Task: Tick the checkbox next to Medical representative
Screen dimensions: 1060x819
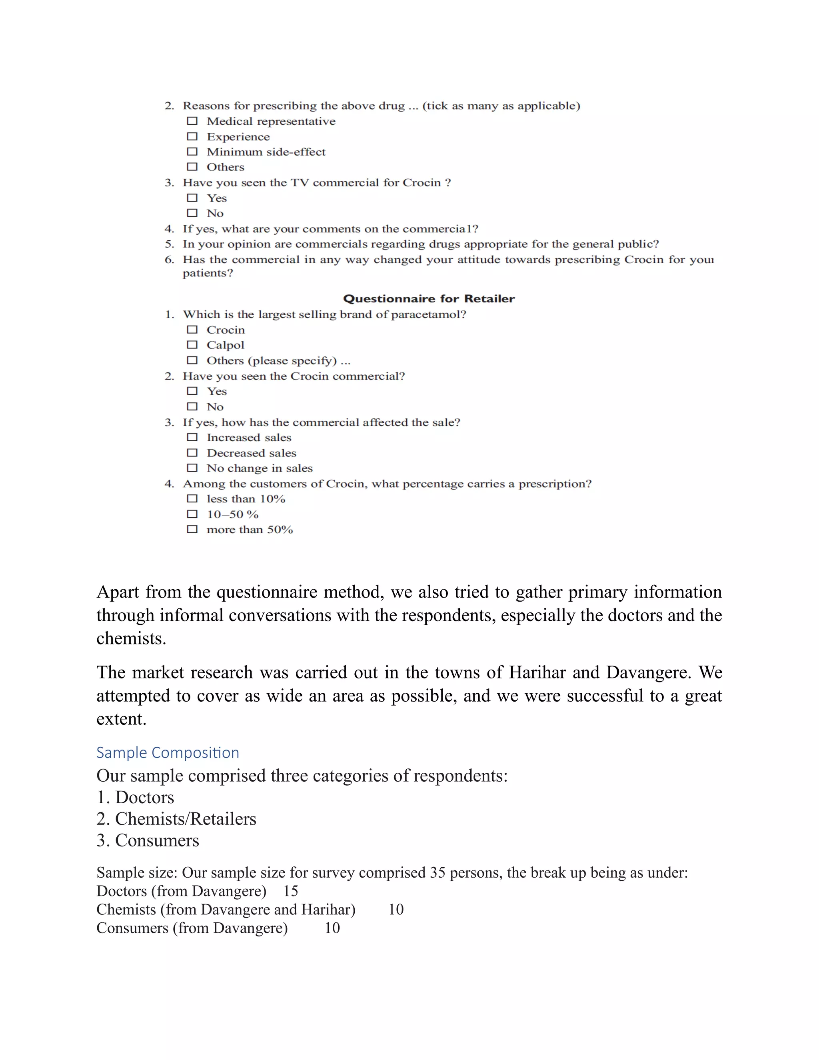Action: [x=192, y=121]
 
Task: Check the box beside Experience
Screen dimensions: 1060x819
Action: [x=192, y=136]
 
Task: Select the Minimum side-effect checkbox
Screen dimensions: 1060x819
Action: [x=192, y=152]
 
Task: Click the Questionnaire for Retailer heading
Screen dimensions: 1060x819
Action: [x=429, y=298]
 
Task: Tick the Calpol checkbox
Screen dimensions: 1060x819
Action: [x=192, y=344]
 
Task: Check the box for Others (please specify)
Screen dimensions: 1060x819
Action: [x=192, y=360]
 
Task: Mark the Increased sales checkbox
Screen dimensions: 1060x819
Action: [x=192, y=437]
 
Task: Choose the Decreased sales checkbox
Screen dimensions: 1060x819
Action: [x=192, y=453]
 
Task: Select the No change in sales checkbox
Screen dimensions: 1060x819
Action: [x=192, y=468]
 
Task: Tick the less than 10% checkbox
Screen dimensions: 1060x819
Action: [x=192, y=498]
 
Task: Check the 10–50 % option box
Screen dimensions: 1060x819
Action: [x=192, y=514]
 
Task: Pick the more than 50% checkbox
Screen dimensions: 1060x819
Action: [x=192, y=529]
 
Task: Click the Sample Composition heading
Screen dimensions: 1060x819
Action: [x=168, y=752]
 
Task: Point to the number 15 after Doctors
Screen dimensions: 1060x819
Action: [x=290, y=891]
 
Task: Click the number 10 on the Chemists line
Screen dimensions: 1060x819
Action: [x=396, y=910]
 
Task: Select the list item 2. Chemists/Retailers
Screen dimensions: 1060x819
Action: [x=176, y=819]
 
